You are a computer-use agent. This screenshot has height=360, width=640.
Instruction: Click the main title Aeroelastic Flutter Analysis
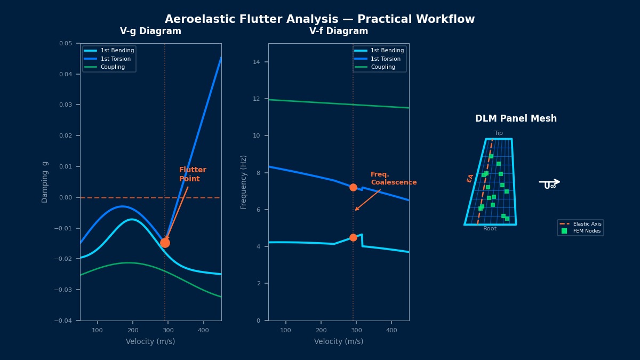[x=319, y=20]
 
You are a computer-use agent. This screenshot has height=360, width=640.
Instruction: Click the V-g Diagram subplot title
[x=150, y=31]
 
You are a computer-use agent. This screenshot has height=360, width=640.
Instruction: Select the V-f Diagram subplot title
[x=339, y=31]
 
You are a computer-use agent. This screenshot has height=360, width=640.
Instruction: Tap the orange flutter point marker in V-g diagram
[x=165, y=243]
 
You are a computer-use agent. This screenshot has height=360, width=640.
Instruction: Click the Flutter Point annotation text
[x=193, y=174]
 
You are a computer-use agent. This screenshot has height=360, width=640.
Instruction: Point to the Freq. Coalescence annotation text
[x=393, y=179]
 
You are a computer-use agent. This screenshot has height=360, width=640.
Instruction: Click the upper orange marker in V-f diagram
[x=353, y=187]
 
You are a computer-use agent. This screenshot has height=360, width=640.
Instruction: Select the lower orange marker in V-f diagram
[x=353, y=238]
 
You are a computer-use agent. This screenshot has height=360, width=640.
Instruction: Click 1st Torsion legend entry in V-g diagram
[x=115, y=59]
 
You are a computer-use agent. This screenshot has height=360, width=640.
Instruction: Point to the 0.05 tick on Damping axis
[x=66, y=44]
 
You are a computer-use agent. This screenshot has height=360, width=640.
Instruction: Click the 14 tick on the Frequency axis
[x=257, y=62]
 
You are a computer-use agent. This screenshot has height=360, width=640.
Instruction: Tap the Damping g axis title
[x=45, y=182]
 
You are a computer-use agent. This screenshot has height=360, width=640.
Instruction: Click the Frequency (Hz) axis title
[x=244, y=182]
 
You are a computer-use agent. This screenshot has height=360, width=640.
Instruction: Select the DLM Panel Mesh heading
[x=516, y=119]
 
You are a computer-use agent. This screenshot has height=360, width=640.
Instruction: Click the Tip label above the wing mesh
[x=499, y=133]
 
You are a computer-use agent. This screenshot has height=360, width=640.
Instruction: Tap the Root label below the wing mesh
[x=490, y=229]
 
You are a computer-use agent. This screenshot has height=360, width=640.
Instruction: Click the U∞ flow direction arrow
[x=549, y=183]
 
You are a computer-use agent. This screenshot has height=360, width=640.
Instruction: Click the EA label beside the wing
[x=470, y=178]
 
